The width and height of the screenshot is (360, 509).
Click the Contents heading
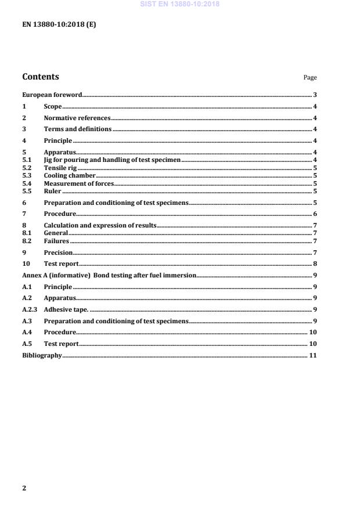40,77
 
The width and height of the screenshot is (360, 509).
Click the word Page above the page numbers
310,78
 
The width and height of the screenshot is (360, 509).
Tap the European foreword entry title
52,95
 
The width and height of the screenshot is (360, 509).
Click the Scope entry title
53,106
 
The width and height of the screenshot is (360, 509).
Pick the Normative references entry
77,118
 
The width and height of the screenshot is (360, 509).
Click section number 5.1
27,160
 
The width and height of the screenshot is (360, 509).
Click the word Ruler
52,191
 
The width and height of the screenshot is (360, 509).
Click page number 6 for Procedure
314,214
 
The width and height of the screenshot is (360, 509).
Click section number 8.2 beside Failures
27,241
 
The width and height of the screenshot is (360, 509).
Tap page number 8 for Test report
314,263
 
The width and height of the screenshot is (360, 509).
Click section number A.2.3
29,309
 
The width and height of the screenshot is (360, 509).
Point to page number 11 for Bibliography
312,355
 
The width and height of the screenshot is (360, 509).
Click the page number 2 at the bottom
24,488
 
